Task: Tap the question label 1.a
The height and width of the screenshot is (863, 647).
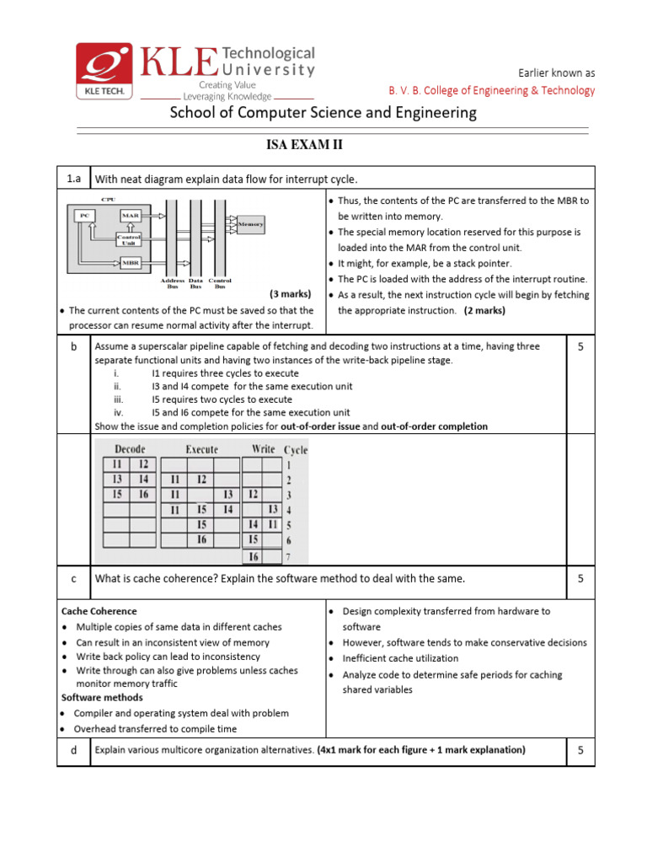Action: coord(73,178)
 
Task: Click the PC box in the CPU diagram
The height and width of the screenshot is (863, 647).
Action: coord(84,216)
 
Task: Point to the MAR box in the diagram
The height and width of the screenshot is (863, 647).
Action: coord(130,216)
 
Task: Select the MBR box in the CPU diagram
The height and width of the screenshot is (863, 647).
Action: coord(130,262)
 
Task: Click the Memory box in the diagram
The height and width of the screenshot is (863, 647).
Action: coord(250,224)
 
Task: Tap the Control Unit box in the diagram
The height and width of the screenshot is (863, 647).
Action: coord(130,239)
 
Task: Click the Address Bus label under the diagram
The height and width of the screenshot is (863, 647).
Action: coord(172,283)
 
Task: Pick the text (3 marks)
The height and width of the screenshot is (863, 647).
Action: coord(291,294)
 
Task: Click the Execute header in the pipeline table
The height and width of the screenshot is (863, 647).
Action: coord(202,449)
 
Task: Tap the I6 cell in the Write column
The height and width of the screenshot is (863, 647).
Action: coord(253,555)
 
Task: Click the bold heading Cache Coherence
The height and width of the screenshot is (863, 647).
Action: coord(99,611)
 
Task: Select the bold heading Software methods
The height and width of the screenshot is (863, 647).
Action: coord(102,698)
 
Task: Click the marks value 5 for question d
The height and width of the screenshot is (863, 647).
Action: coord(580,750)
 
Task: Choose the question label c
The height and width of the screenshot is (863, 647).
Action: coord(73,579)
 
